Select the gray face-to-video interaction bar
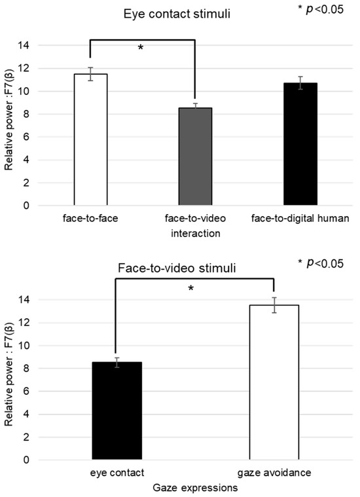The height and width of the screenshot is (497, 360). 195,156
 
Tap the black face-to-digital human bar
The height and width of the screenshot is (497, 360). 300,144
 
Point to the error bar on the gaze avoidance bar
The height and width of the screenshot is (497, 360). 273,305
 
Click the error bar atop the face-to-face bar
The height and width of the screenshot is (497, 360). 90,74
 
